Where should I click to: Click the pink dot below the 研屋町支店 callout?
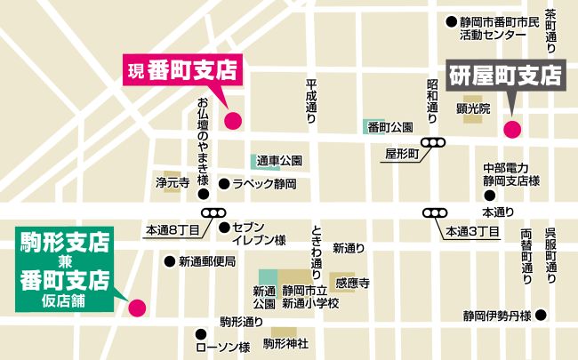coord(512,129)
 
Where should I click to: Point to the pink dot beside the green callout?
coord(137,308)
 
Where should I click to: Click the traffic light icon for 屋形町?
coord(434,142)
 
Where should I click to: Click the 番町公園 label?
coord(391,126)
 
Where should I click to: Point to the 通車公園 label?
coord(280,162)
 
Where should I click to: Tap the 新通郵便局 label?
coord(206,261)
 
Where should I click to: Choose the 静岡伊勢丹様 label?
coord(496,316)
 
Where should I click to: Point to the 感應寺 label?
coord(352,283)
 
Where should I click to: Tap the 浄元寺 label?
coord(173,183)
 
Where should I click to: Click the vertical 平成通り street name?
coord(310,98)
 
